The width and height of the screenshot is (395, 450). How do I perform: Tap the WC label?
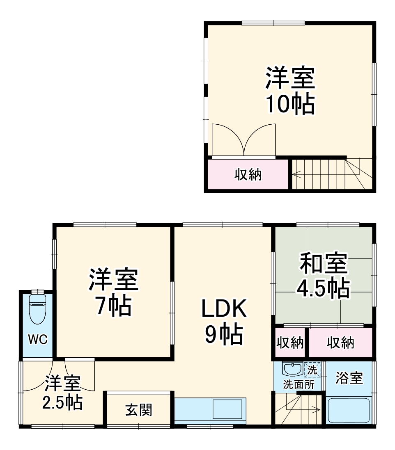[38, 339]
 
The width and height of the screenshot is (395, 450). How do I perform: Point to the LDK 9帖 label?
[223, 322]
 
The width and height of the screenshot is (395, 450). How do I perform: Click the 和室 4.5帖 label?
[324, 276]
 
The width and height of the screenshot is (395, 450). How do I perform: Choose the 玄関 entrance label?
[138, 409]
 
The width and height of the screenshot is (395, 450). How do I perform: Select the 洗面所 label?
[299, 385]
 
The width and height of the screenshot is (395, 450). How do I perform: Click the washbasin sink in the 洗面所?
[292, 368]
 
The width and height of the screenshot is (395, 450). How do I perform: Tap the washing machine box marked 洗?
[312, 369]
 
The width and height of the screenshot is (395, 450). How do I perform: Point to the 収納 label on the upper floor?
[248, 175]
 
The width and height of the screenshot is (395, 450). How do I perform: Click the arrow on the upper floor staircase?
[296, 175]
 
